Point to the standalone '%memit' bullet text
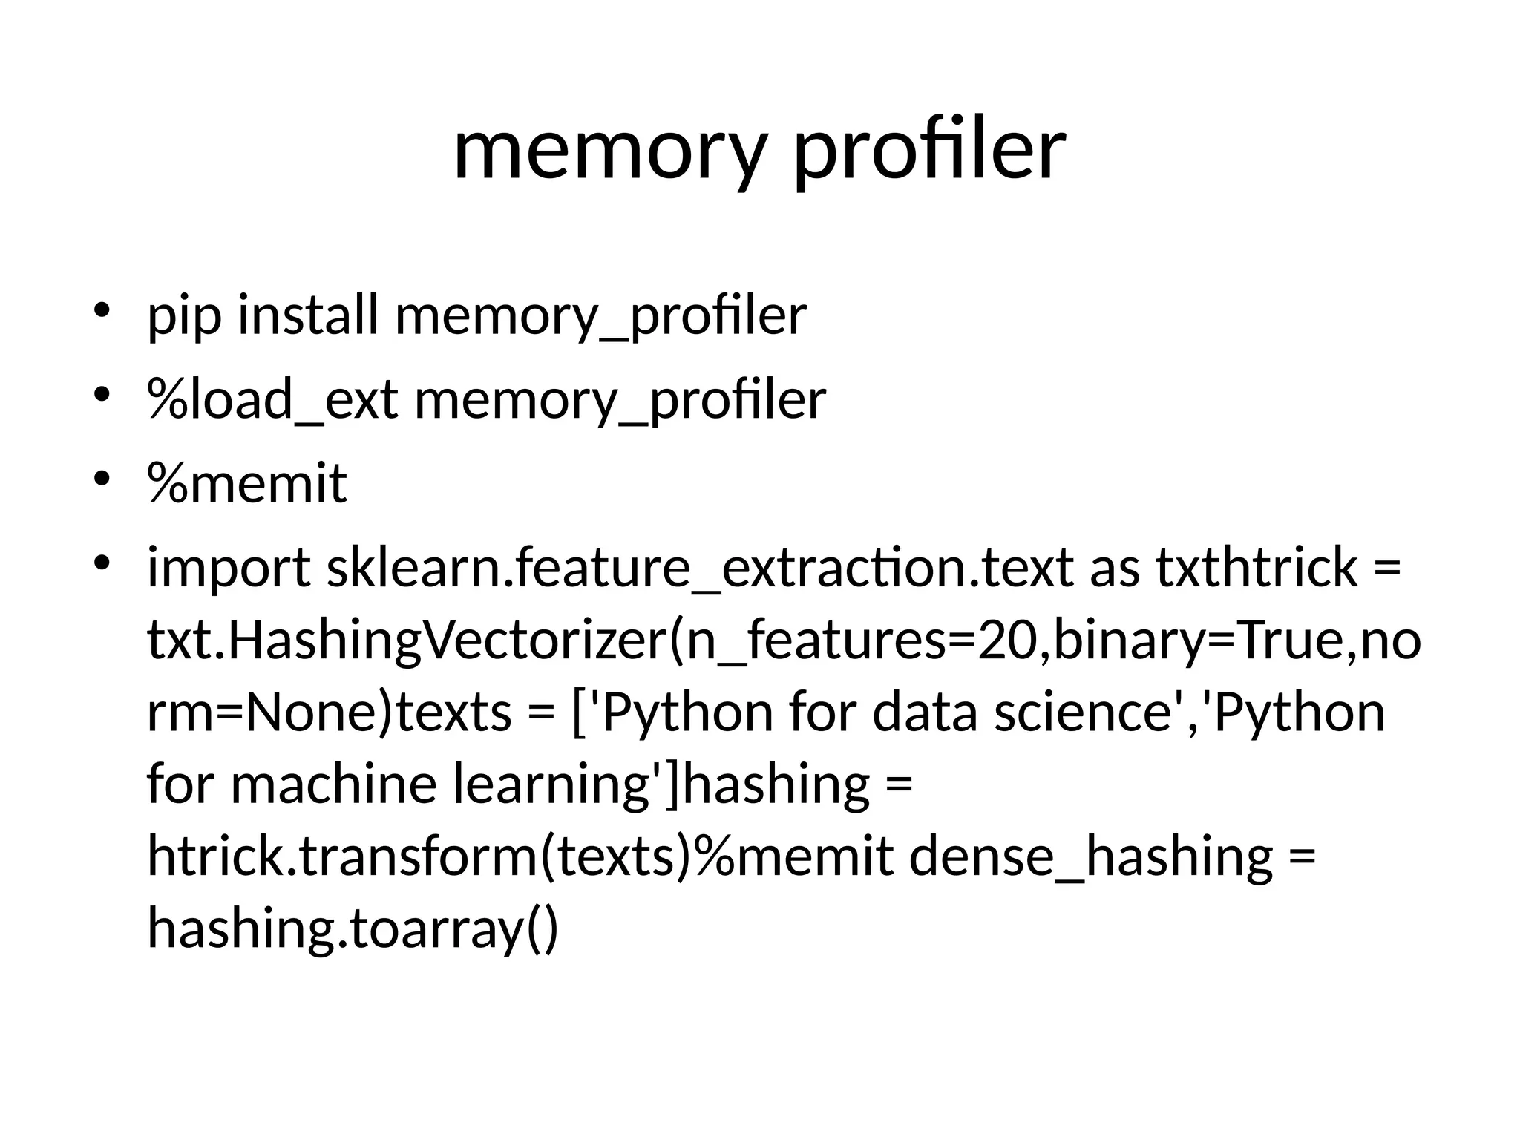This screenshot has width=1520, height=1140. [248, 483]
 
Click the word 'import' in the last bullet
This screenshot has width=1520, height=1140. [229, 569]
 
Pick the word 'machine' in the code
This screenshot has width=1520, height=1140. [333, 784]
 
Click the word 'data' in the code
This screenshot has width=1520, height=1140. [924, 712]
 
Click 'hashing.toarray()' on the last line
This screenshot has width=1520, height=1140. [352, 928]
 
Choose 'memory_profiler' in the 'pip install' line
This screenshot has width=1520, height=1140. [600, 316]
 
